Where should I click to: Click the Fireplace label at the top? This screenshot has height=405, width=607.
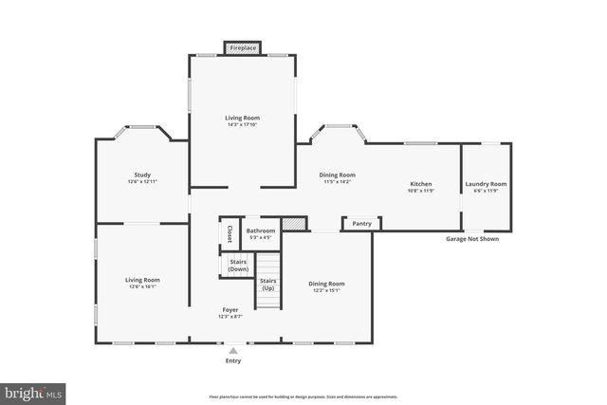[x=243, y=47]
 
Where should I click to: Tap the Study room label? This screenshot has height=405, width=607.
[x=142, y=175]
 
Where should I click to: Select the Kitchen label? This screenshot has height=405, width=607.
[x=421, y=184]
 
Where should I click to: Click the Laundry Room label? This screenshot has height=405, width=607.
[x=485, y=184]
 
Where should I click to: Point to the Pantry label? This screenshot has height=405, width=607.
[x=361, y=224]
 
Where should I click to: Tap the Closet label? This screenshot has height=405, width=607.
[x=229, y=232]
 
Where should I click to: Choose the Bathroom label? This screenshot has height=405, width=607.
[x=261, y=230]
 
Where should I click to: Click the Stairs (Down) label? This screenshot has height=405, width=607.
[x=237, y=266]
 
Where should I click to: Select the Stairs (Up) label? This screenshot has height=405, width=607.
[x=268, y=284]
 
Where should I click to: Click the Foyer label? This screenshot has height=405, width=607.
[x=230, y=310]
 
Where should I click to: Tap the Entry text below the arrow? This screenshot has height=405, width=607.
[x=233, y=360]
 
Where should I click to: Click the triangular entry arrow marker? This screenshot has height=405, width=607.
[x=233, y=351]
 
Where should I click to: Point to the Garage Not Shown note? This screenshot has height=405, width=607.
[x=472, y=239]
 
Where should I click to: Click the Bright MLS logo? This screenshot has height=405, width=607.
[x=34, y=391]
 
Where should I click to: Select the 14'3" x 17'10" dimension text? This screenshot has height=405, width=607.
[x=243, y=124]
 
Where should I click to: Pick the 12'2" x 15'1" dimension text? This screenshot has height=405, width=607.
[x=327, y=290]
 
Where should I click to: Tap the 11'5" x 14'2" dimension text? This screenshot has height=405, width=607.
[x=337, y=181]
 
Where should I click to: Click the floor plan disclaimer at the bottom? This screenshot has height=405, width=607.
[x=303, y=396]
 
